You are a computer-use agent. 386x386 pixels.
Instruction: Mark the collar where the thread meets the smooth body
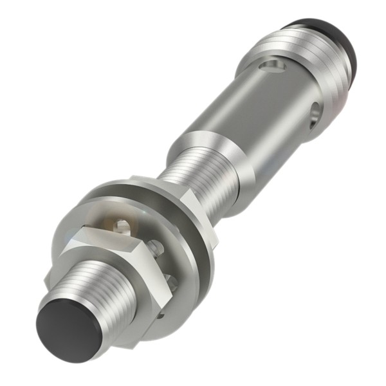pyautogui.click(x=212, y=151)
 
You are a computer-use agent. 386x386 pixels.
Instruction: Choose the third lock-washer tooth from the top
pyautogui.click(x=169, y=277)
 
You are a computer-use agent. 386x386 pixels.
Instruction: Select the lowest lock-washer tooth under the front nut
pyautogui.click(x=161, y=315)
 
